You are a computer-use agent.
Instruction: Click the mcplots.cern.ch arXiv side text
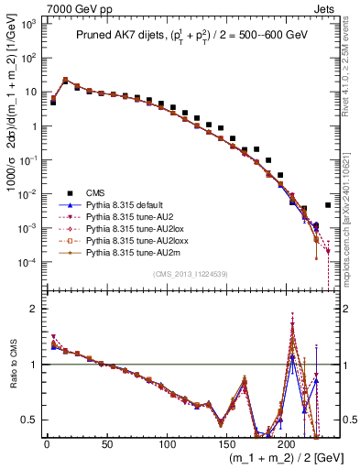point(352,229)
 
